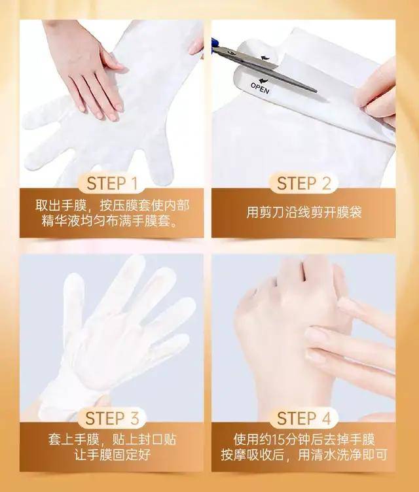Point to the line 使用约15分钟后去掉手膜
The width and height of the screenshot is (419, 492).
306,438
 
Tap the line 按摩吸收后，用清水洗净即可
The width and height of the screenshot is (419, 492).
306,455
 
